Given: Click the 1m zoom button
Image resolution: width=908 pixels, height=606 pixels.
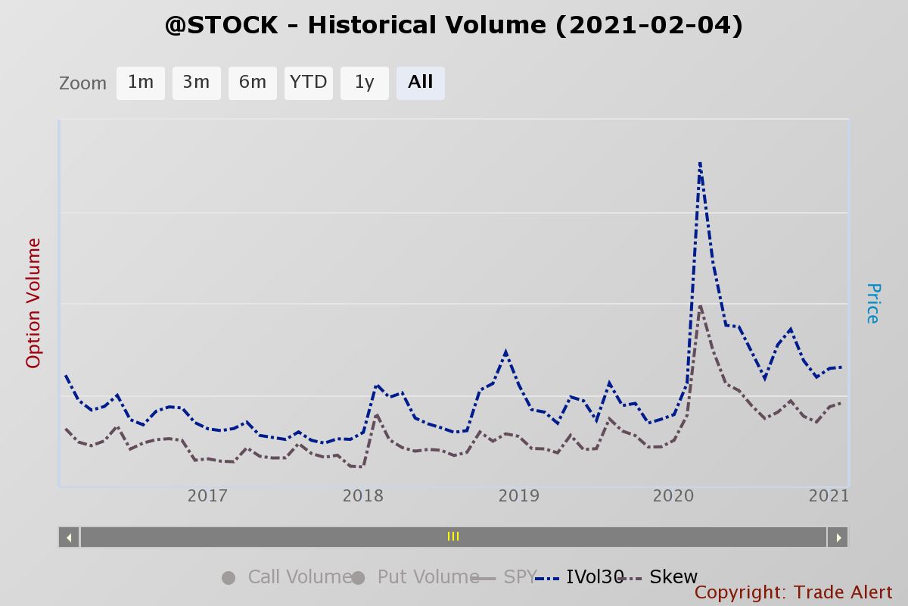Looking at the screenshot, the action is tap(140, 83).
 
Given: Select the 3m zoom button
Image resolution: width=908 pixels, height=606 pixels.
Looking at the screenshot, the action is tap(197, 83).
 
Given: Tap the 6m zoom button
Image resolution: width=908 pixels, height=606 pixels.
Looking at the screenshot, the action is tap(253, 83).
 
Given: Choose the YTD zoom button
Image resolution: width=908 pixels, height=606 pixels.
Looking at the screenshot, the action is tap(309, 83).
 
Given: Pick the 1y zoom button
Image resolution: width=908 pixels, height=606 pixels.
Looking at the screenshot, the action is tap(365, 83).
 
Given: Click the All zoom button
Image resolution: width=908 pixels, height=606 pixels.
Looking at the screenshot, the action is tap(421, 83).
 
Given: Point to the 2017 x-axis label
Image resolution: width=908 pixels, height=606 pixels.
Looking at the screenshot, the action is tap(207, 496).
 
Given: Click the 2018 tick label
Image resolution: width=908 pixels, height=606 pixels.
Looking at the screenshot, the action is tap(362, 496).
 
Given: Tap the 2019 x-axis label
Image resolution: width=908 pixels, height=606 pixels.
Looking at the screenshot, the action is tap(519, 496).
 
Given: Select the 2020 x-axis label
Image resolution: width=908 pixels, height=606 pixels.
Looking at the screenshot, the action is tap(673, 496).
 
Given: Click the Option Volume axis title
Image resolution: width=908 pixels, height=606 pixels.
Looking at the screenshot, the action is tap(33, 303).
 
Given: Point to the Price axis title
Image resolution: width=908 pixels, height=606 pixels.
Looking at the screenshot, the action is tap(873, 303).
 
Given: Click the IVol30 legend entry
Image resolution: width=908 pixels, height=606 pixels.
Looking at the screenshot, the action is tap(580, 576).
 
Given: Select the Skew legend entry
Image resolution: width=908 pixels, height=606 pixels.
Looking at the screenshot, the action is tap(659, 576).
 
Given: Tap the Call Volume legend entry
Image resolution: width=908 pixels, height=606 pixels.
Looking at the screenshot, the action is tap(287, 576).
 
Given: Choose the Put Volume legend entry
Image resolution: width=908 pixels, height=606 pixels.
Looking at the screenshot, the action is tap(415, 576).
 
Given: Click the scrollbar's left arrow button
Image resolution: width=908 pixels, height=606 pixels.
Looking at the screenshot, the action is tap(69, 537).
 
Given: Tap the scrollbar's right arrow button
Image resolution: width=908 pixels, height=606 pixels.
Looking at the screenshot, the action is tap(838, 537).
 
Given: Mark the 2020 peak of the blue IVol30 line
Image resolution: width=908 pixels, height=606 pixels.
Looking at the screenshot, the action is tap(700, 163).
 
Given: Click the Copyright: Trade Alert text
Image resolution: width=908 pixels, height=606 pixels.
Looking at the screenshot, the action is tap(793, 592).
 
